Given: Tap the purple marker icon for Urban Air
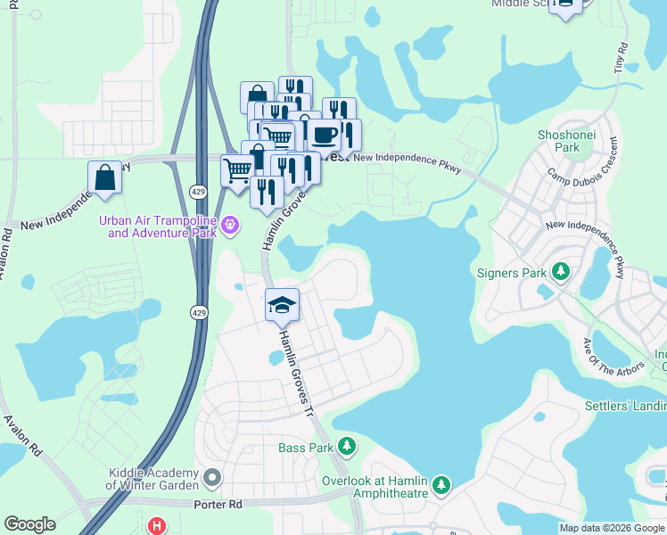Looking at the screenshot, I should coord(230,226).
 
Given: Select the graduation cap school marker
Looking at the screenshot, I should coord(282,305).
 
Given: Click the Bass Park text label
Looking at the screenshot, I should coord(305,448).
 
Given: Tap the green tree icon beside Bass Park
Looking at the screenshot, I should coord(348,446).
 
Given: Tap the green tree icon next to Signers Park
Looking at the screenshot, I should coord(561,270).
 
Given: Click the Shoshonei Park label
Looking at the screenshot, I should coord(560,140).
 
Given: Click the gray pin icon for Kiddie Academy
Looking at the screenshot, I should coord(212,479).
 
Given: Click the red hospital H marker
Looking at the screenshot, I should coord(159,527).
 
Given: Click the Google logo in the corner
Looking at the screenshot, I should coord(29,524).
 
